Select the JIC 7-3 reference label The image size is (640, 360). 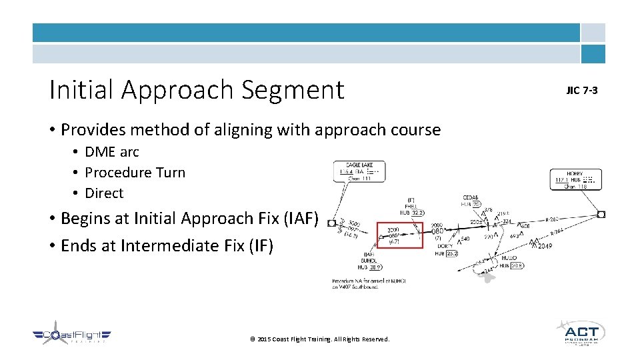pyautogui.click(x=581, y=90)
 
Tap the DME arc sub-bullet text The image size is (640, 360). pyautogui.click(x=112, y=152)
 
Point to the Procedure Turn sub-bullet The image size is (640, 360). pyautogui.click(x=135, y=173)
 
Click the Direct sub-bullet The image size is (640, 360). pyautogui.click(x=105, y=193)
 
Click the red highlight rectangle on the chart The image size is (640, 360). pyautogui.click(x=400, y=235)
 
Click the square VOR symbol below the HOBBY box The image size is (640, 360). pyautogui.click(x=601, y=214)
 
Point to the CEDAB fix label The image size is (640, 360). pyautogui.click(x=471, y=197)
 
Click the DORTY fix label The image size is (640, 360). pyautogui.click(x=445, y=246)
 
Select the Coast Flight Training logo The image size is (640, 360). pyautogui.click(x=72, y=337)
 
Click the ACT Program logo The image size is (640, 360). pyautogui.click(x=580, y=333)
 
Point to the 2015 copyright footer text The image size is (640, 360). pyautogui.click(x=319, y=339)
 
